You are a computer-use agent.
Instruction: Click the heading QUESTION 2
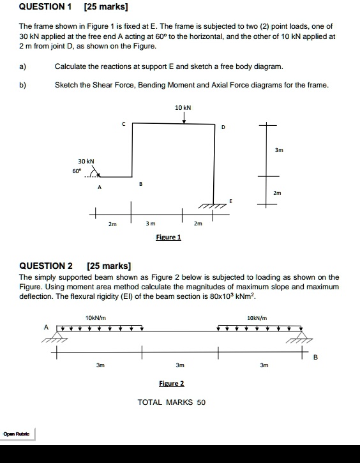(x=46, y=266)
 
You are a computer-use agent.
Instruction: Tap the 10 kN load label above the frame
(x=183, y=108)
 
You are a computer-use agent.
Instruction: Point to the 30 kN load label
(x=86, y=161)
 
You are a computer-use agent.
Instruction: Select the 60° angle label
(x=77, y=171)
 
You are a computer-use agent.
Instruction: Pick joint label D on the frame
(x=223, y=128)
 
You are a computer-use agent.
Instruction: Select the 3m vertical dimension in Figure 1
(x=278, y=150)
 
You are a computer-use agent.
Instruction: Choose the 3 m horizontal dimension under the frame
(x=151, y=224)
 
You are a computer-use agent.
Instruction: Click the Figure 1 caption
(x=169, y=237)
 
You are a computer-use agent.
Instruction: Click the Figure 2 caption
(x=171, y=383)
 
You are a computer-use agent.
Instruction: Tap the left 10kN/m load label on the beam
(x=95, y=317)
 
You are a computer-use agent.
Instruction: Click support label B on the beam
(x=315, y=358)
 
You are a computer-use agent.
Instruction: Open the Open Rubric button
(x=18, y=435)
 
